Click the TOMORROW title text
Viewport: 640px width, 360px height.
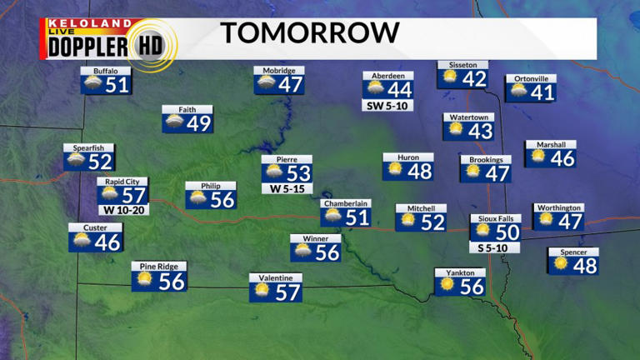[x=309, y=33]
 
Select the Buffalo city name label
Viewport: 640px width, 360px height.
[x=105, y=72]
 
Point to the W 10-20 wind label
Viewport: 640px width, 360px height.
[x=122, y=210]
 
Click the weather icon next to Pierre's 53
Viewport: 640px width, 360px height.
[x=273, y=173]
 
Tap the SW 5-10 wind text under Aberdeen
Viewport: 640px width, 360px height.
[x=387, y=106]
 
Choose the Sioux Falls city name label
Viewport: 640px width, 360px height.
[x=495, y=218]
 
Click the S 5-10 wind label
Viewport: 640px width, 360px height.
[x=495, y=247]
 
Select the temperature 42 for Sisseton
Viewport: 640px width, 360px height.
[x=474, y=78]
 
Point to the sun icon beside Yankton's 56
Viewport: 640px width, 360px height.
[x=447, y=285]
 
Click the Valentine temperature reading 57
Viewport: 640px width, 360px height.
[x=287, y=292]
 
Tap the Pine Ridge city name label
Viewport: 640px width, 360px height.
[x=159, y=267]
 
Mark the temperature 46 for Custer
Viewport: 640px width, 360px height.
[x=107, y=242]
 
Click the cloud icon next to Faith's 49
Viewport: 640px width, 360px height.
[x=175, y=123]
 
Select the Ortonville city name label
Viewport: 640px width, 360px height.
[x=530, y=78]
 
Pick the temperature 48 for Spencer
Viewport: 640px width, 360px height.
[x=586, y=266]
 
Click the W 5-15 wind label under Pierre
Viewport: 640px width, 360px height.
[x=286, y=188]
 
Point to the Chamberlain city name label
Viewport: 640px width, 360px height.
[x=346, y=202]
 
